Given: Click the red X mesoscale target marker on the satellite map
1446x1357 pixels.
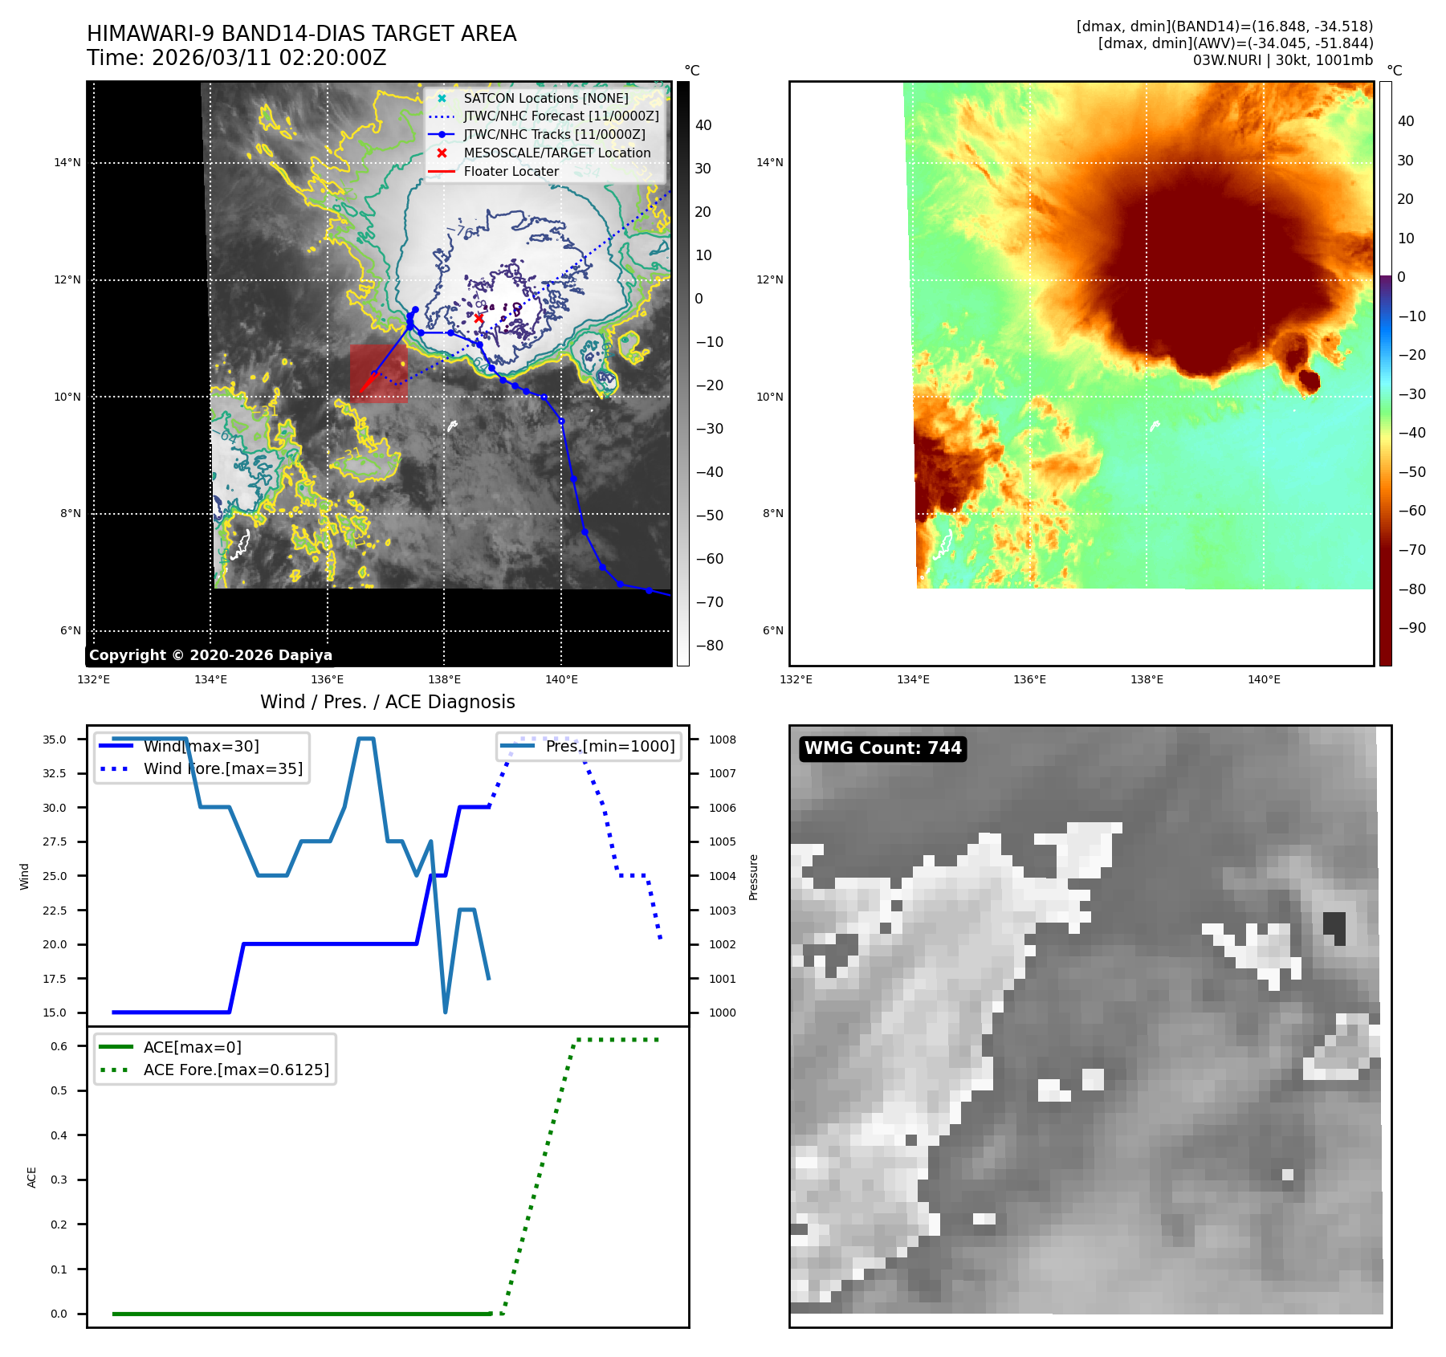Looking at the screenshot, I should tap(479, 318).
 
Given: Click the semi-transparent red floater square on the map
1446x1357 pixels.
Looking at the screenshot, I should tap(378, 373).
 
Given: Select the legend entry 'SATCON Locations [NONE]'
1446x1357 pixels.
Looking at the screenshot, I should tap(545, 98).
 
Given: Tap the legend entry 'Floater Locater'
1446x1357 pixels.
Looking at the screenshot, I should tap(511, 171).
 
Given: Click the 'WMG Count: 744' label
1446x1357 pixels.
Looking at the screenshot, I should tap(882, 748).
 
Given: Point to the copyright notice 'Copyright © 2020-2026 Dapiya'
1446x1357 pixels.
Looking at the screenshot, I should tap(210, 655).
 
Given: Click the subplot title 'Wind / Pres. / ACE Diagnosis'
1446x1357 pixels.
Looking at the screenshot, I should tap(387, 702).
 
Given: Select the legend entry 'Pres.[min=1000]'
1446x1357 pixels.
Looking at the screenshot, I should tap(609, 746).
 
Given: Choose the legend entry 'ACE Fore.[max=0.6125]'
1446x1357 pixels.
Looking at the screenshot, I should tap(236, 1070).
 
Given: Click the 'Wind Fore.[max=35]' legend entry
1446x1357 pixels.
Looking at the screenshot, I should tap(222, 768).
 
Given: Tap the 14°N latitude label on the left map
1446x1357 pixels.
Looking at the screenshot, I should tap(67, 163).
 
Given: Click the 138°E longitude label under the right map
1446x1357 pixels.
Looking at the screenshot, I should tap(1147, 680).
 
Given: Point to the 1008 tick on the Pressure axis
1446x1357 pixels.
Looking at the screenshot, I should tap(722, 740).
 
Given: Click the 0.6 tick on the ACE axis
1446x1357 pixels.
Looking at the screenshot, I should tap(59, 1046).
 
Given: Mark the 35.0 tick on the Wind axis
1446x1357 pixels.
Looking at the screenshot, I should tap(55, 740).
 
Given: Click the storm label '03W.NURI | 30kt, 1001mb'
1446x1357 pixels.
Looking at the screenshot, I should tap(1282, 60).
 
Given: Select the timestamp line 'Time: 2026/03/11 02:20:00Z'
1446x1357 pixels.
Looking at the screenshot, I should tap(237, 59).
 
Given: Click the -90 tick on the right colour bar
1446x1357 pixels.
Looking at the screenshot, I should tap(1411, 628).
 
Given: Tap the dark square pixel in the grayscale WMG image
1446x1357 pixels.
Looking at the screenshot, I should tap(1334, 927).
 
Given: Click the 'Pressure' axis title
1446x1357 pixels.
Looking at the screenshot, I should tap(753, 877).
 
